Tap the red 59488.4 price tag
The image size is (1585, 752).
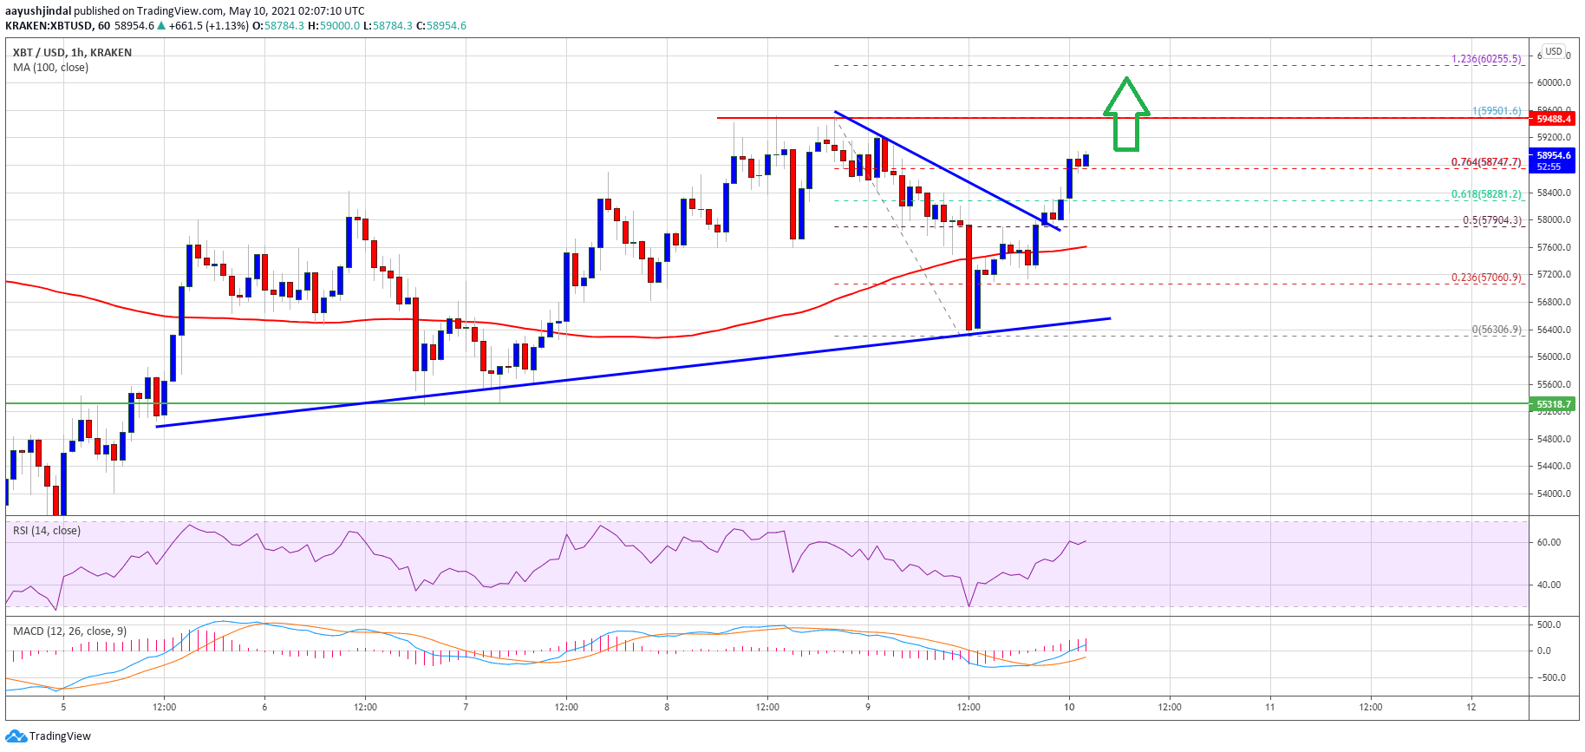point(1553,119)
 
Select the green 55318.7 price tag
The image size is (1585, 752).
point(1553,404)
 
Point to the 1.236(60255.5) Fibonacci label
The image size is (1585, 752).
point(1486,59)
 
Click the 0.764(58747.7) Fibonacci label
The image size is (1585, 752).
point(1486,162)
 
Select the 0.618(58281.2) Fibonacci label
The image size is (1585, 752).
point(1486,194)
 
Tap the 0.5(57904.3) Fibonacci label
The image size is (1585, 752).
point(1491,220)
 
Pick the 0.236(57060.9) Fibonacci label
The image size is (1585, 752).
point(1486,278)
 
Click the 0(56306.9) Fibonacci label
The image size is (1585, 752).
point(1496,330)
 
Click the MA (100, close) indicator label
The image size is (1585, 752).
point(50,68)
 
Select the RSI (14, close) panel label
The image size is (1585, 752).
point(47,531)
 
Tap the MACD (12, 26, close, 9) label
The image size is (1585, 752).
point(69,631)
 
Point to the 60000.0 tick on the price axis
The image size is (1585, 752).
point(1553,83)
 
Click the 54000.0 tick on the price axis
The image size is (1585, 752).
point(1553,494)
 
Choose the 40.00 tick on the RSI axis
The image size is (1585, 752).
point(1549,585)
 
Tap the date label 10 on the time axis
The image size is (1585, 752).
point(1069,707)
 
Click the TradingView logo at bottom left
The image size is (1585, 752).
point(49,736)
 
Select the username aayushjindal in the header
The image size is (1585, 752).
point(38,11)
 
